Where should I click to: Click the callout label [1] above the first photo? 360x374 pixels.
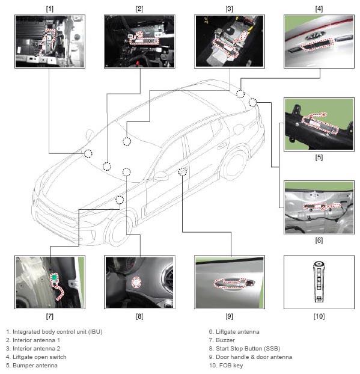tap(50, 9)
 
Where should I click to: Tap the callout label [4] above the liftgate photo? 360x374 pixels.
tap(319, 9)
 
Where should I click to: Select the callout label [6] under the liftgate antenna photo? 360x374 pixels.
tap(319, 241)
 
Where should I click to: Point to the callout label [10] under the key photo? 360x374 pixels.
tap(319, 316)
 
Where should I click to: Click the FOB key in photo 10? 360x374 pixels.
tap(319, 281)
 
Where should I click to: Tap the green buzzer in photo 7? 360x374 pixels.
tap(54, 277)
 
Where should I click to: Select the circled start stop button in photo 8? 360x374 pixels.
tap(136, 283)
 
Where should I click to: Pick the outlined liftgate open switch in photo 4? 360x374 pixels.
tap(317, 44)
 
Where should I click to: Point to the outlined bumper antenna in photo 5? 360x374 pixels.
tap(320, 124)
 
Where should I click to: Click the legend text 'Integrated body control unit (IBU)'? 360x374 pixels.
tap(58, 332)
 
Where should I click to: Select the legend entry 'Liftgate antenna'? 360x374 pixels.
tap(237, 332)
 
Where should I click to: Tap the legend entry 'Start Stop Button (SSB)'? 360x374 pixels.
tap(248, 349)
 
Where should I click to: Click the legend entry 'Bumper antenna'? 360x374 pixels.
tap(35, 366)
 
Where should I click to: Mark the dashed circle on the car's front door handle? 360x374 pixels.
tap(183, 171)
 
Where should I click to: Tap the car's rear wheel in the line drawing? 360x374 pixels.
tap(236, 163)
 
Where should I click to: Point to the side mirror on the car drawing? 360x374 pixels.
tap(160, 176)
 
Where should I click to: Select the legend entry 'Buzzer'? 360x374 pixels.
tap(225, 340)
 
